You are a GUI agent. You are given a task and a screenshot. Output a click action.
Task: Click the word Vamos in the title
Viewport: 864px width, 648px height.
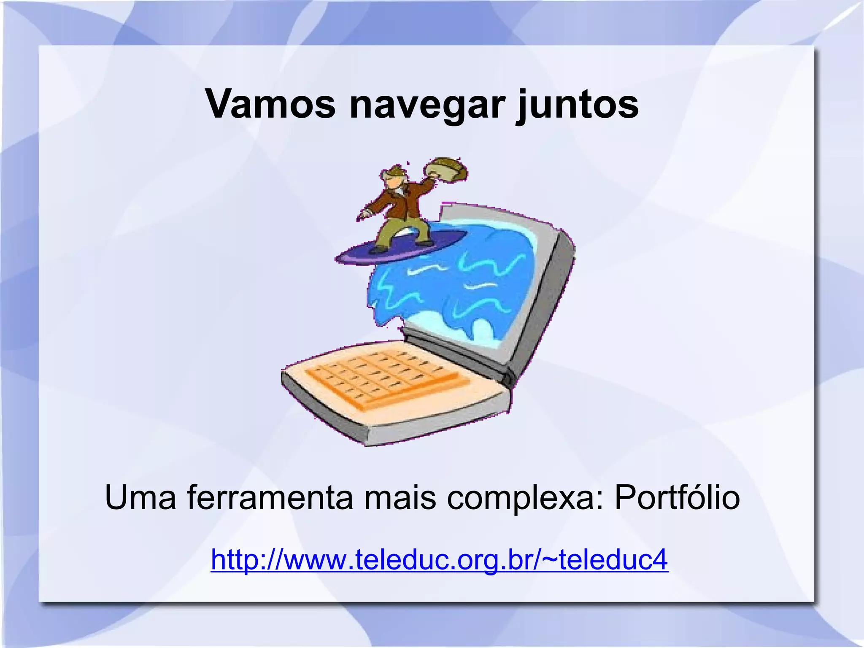pyautogui.click(x=270, y=104)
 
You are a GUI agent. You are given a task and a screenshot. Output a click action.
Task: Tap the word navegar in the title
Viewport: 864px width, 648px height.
pyautogui.click(x=427, y=105)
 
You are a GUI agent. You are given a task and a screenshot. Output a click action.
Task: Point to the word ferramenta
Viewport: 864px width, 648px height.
pyautogui.click(x=270, y=498)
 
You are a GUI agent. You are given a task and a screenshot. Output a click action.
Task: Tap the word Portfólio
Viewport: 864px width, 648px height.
pyautogui.click(x=677, y=498)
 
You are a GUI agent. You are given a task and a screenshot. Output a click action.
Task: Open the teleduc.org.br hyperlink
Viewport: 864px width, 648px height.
pyautogui.click(x=439, y=559)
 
